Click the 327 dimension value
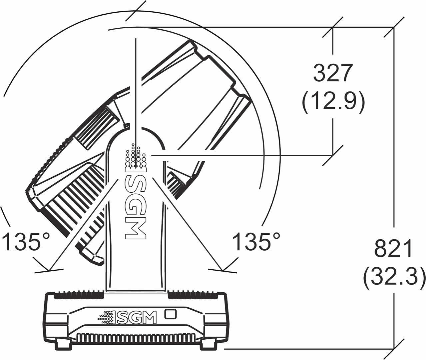pyautogui.click(x=333, y=73)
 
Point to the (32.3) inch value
pyautogui.click(x=394, y=278)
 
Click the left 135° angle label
pyautogui.click(x=26, y=242)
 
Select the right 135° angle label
pyautogui.click(x=256, y=242)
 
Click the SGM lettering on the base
pyautogui.click(x=137, y=317)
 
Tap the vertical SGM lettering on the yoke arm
pyautogui.click(x=135, y=206)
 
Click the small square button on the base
pyautogui.click(x=171, y=314)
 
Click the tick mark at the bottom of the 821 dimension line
pyautogui.click(x=394, y=349)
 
